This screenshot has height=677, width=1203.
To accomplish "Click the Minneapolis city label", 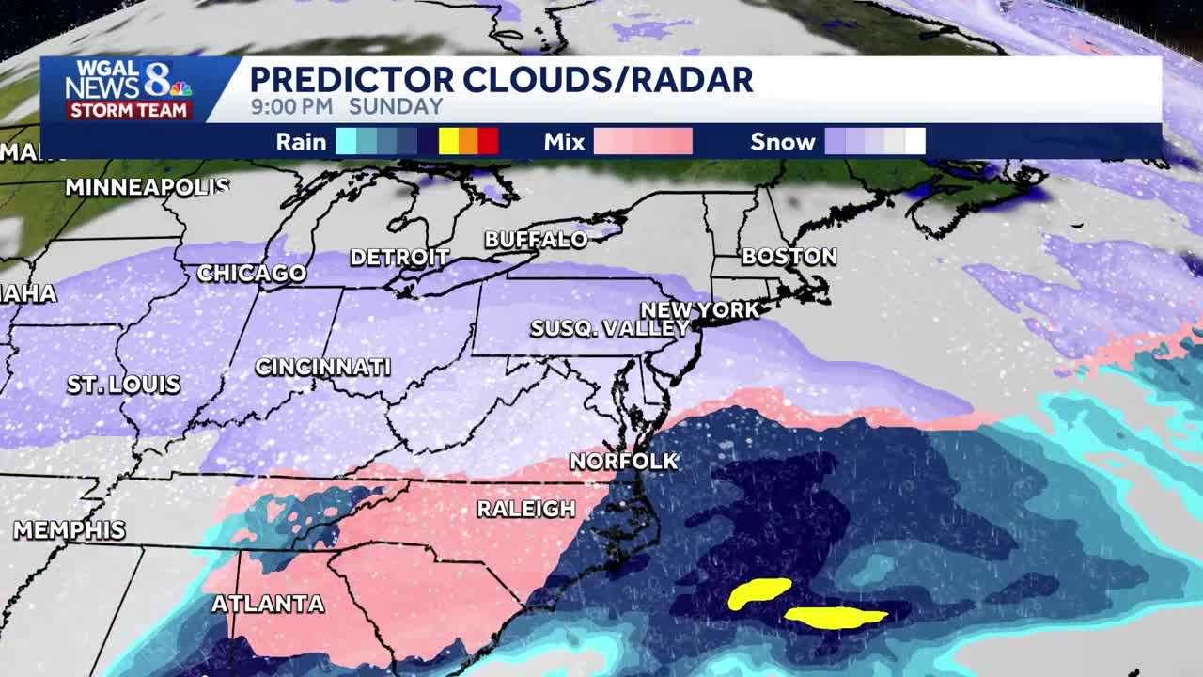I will (x=148, y=187).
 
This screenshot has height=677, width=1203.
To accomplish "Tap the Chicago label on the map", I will (x=251, y=274).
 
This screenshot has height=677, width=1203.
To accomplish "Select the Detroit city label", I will (x=399, y=257).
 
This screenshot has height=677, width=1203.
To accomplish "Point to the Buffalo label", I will (x=536, y=240).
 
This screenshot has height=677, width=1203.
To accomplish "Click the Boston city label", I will (x=789, y=256).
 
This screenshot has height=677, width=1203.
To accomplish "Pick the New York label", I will (x=699, y=309).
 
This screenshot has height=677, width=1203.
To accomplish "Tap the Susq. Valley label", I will (x=610, y=328).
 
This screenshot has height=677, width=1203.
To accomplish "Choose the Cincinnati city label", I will (x=322, y=367).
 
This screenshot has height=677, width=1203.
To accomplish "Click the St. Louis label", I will (x=123, y=385).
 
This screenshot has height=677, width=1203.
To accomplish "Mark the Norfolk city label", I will (x=623, y=461).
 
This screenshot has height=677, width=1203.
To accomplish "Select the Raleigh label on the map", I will (x=525, y=509).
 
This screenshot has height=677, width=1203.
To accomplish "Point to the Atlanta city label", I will (x=268, y=604).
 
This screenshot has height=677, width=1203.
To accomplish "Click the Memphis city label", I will (x=69, y=529).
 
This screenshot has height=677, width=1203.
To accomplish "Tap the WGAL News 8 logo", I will (x=128, y=80).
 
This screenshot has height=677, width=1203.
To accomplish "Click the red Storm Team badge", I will (x=129, y=110).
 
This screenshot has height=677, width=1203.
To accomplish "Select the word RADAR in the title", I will (x=691, y=80).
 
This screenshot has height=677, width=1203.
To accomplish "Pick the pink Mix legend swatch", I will (x=643, y=142).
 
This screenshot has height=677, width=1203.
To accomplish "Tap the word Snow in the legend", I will (x=782, y=142).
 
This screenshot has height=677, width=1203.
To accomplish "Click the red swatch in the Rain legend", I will (x=488, y=142).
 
